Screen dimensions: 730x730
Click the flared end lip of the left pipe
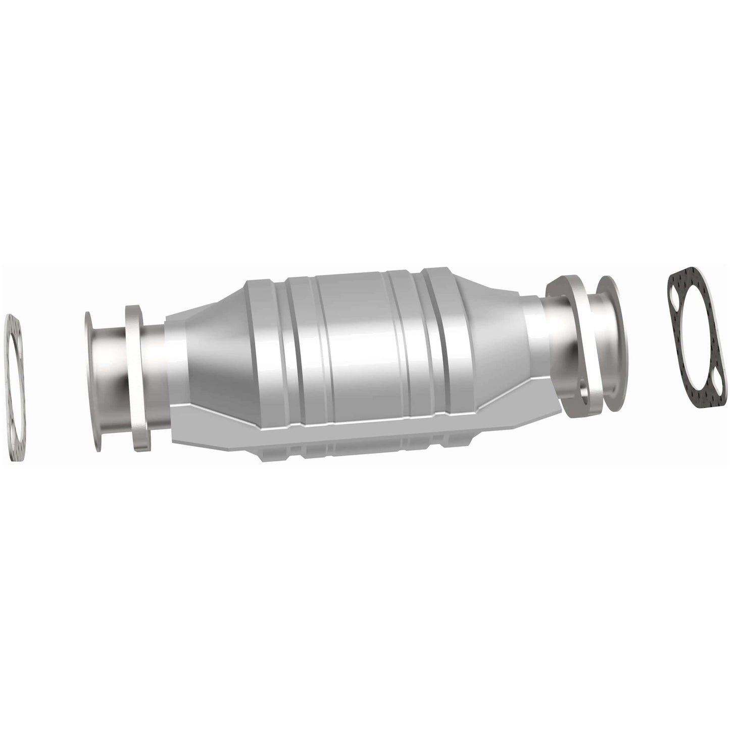(x=92, y=374)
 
